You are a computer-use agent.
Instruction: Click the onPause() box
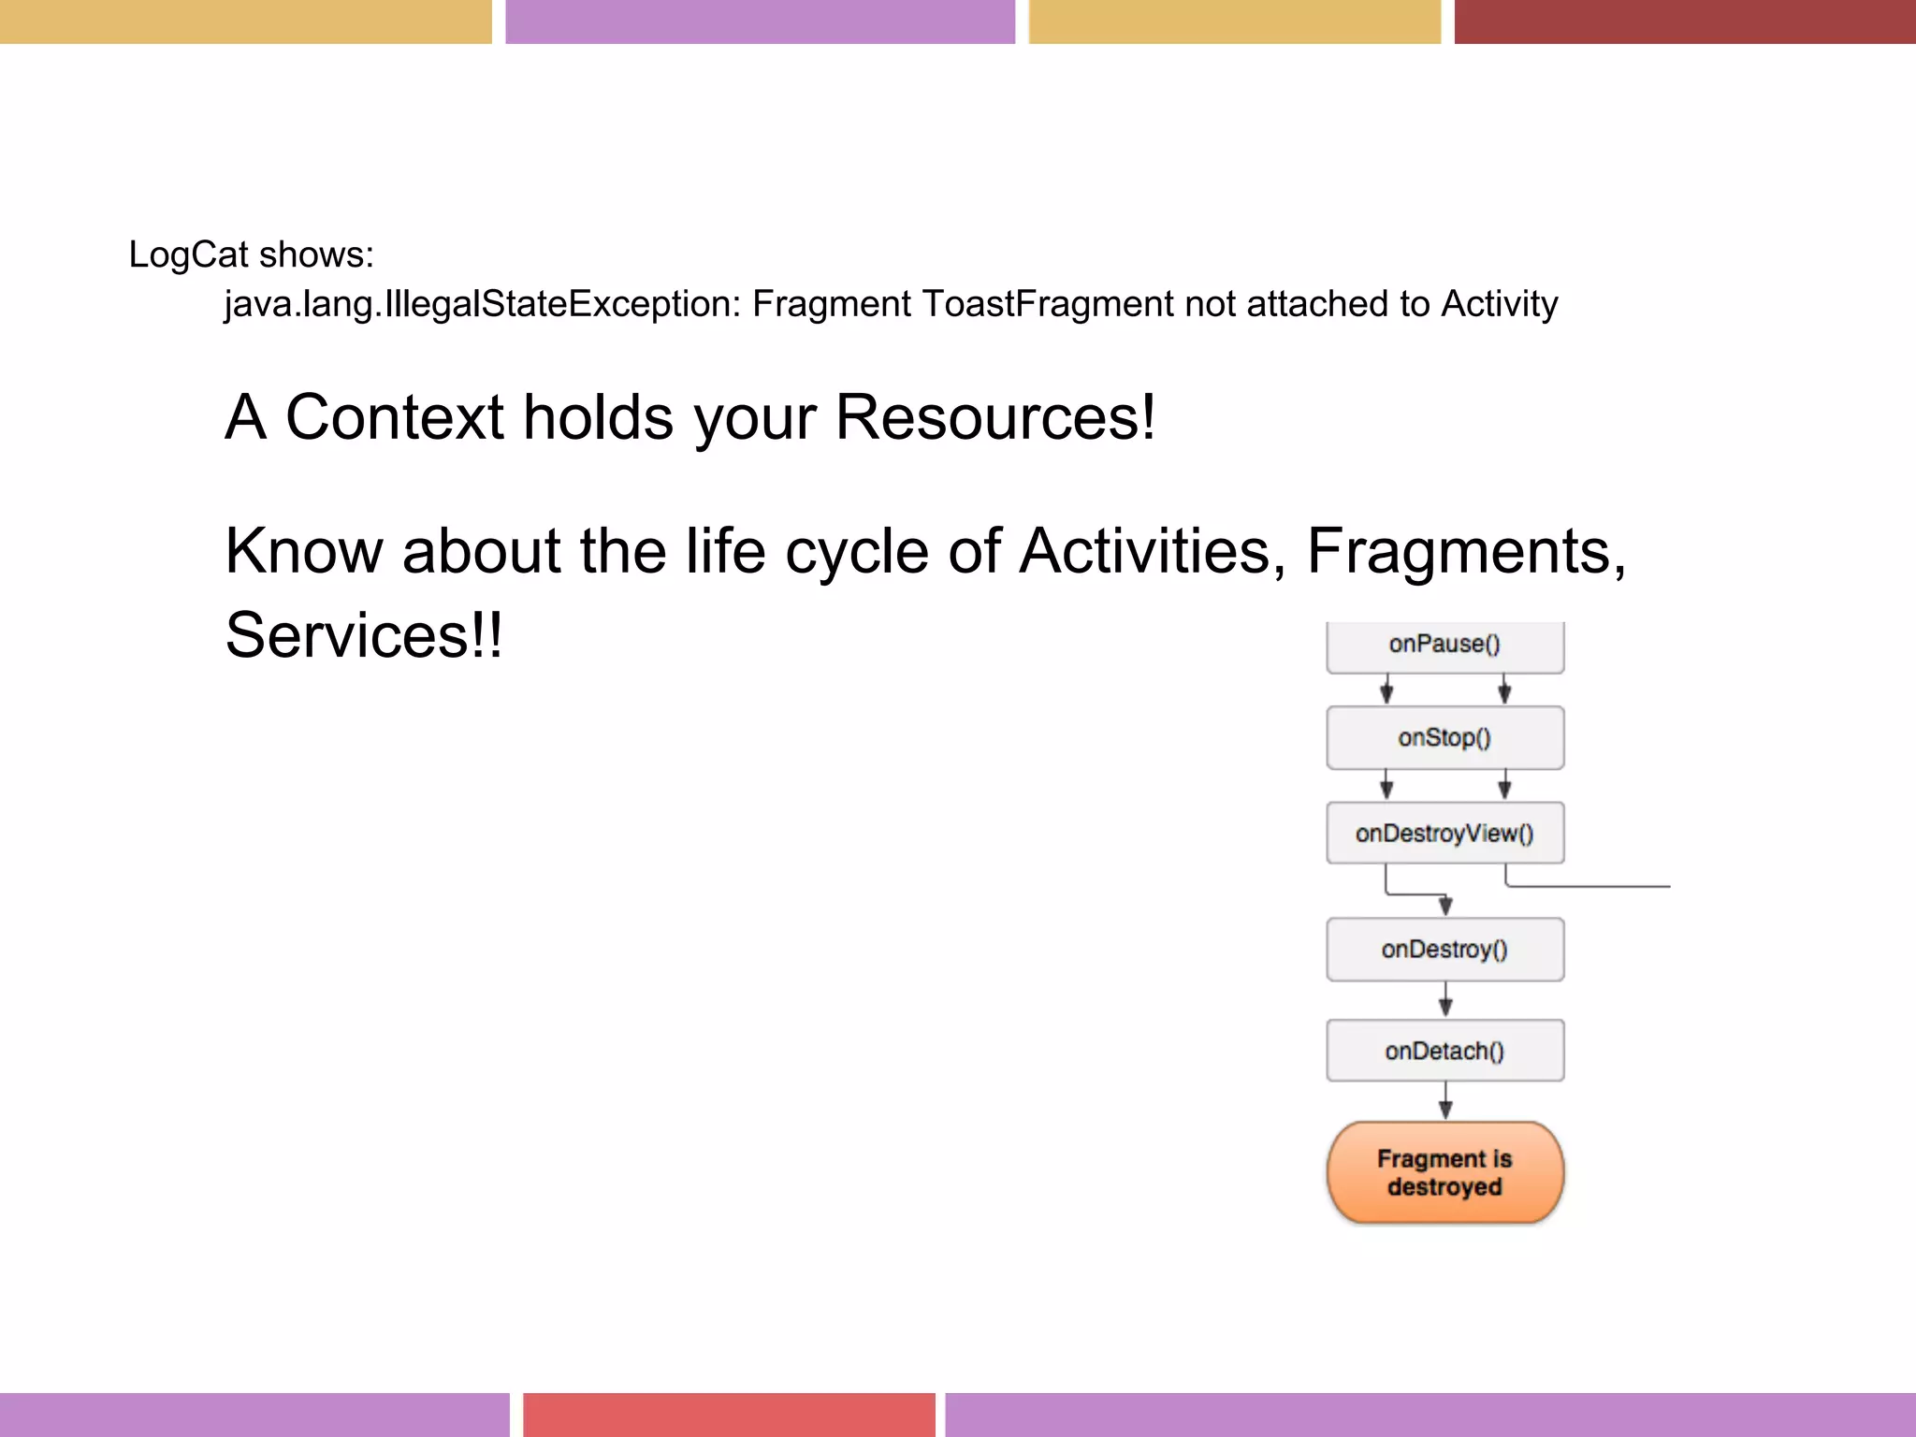pyautogui.click(x=1444, y=646)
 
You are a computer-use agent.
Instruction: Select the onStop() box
pyautogui.click(x=1444, y=738)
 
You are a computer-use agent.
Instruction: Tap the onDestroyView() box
pyautogui.click(x=1444, y=833)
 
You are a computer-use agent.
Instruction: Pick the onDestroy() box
pyautogui.click(x=1444, y=950)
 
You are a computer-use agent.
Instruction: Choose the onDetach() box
pyautogui.click(x=1444, y=1051)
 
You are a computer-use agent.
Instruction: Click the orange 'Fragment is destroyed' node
pyautogui.click(x=1444, y=1172)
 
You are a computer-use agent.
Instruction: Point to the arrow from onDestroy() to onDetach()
pyautogui.click(x=1445, y=1000)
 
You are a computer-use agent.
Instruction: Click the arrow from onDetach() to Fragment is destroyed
pyautogui.click(x=1445, y=1101)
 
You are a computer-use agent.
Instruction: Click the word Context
pyautogui.click(x=394, y=417)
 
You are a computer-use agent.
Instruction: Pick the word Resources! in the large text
pyautogui.click(x=994, y=417)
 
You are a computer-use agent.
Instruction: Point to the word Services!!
pyautogui.click(x=364, y=635)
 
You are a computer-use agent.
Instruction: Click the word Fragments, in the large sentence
pyautogui.click(x=1465, y=551)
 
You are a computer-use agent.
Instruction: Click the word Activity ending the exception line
pyautogui.click(x=1499, y=304)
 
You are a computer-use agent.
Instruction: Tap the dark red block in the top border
pyautogui.click(x=1684, y=22)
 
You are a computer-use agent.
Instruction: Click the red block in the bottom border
pyautogui.click(x=729, y=1414)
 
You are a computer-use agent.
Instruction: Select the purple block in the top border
pyautogui.click(x=760, y=22)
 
